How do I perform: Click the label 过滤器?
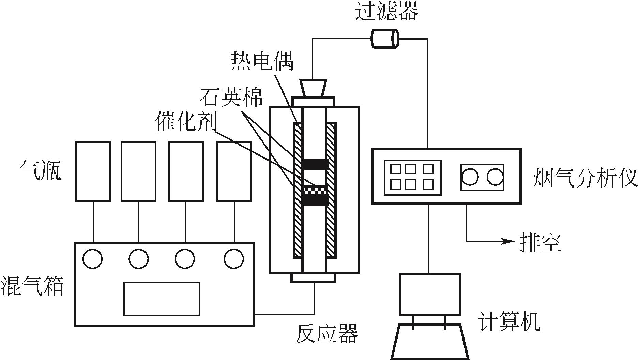[386, 12]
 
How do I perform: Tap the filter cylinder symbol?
[385, 39]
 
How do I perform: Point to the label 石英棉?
[231, 97]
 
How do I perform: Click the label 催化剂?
[186, 121]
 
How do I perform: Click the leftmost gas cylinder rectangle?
[93, 171]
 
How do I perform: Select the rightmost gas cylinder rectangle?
[234, 171]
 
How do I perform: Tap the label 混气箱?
[33, 286]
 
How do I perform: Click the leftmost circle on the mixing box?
[92, 259]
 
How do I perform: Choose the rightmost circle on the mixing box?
[234, 259]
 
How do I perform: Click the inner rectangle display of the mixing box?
[162, 299]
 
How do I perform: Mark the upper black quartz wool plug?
[314, 165]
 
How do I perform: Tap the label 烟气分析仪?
[585, 177]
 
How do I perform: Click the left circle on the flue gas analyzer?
[470, 177]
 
